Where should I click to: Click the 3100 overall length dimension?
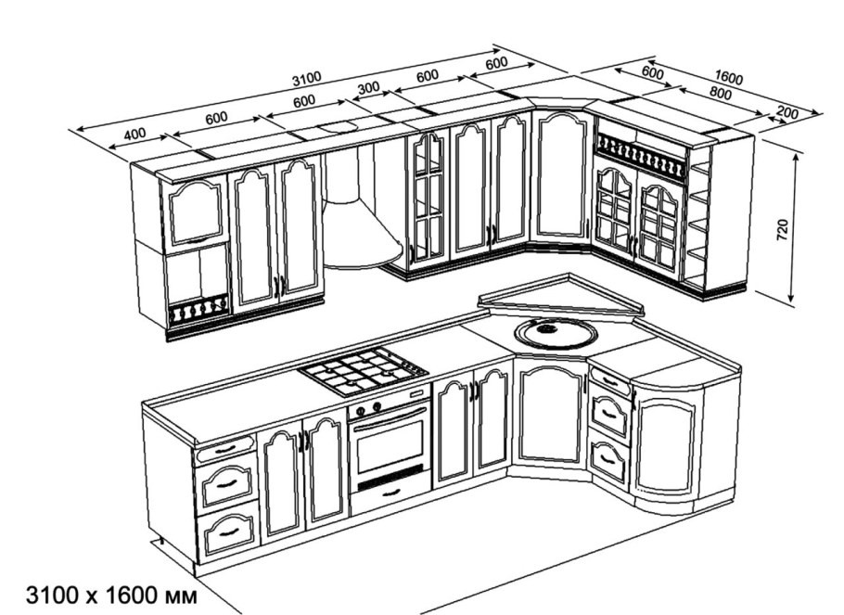tap(307, 79)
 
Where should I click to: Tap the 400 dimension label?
tap(135, 134)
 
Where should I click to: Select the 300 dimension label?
tap(369, 88)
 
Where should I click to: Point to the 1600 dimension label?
tap(729, 78)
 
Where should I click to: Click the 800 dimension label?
tap(721, 94)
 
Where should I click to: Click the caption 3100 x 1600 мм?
tap(111, 596)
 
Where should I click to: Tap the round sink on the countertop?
tap(556, 333)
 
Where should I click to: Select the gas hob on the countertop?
tap(364, 371)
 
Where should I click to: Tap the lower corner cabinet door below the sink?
tap(551, 415)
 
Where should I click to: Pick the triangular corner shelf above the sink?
tap(561, 301)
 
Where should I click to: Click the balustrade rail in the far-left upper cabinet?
tap(197, 314)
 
